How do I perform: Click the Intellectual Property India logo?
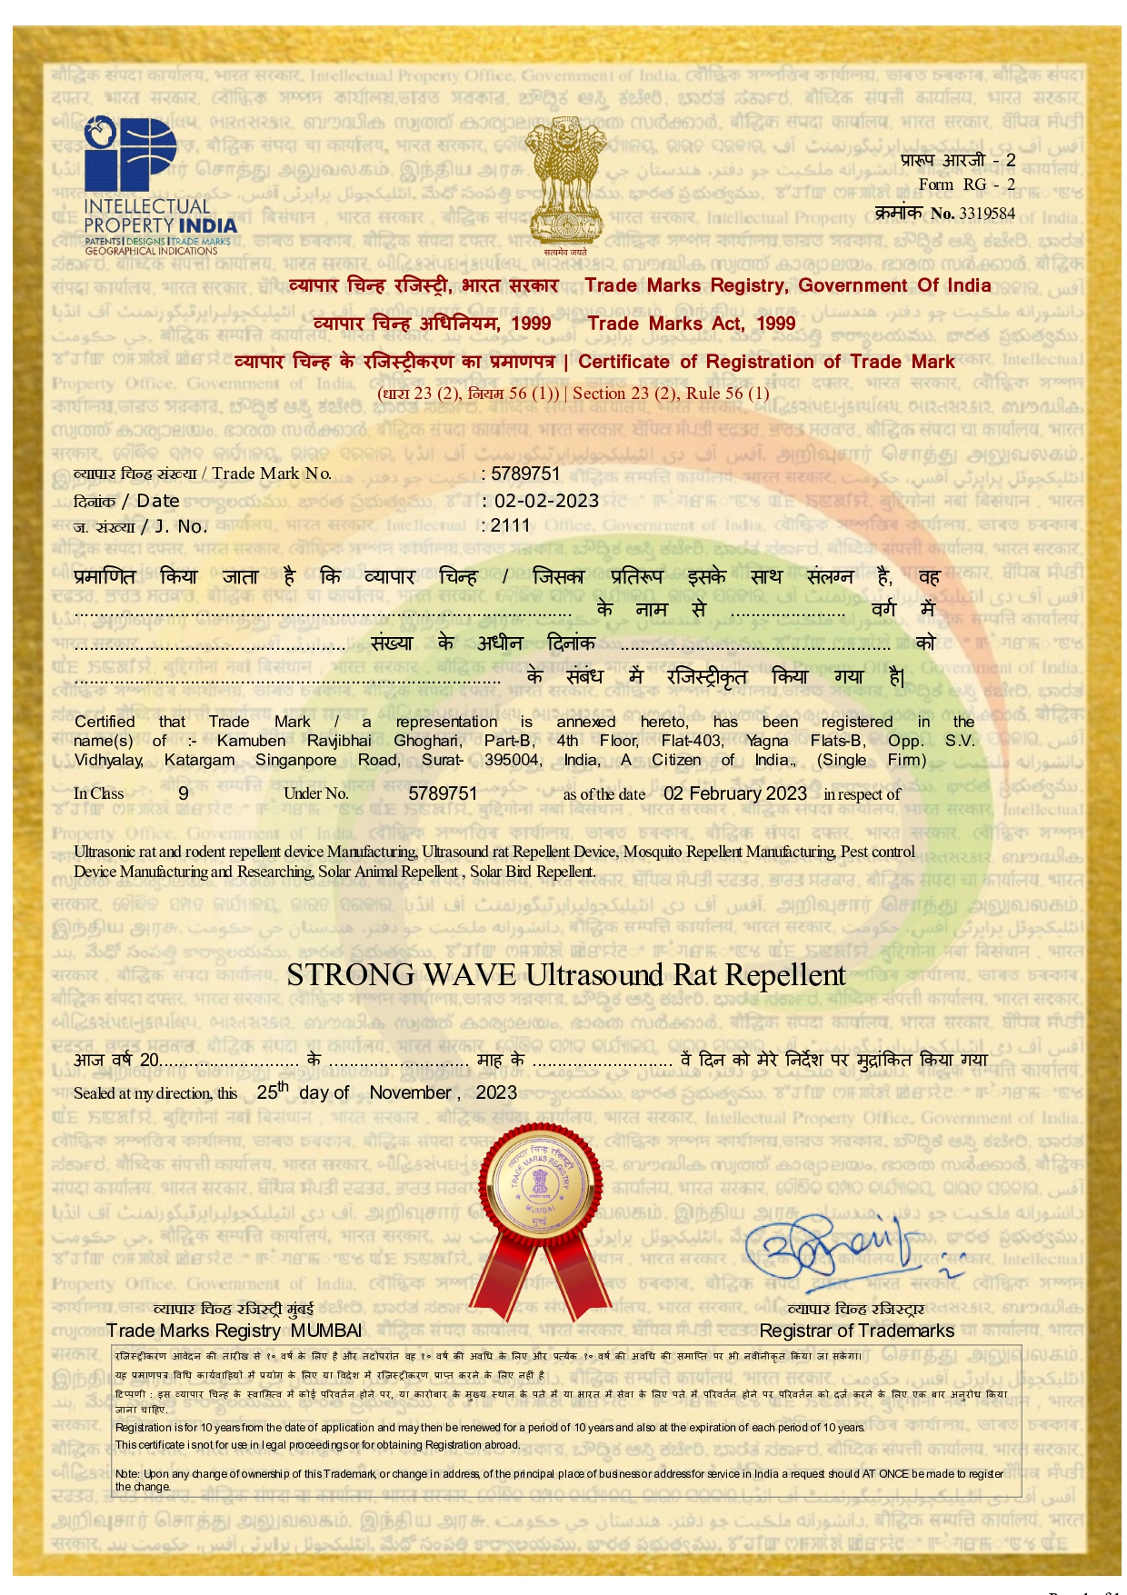pos(158,186)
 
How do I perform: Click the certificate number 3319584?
pos(987,214)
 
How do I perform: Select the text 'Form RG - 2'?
pos(966,184)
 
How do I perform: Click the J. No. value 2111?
pos(511,525)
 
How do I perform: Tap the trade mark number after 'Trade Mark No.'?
pos(525,474)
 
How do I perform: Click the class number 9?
pos(184,793)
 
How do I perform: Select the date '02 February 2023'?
pos(734,793)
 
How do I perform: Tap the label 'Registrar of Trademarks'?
pos(856,1331)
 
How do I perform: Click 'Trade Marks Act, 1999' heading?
pos(691,324)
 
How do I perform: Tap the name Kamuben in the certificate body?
pos(252,741)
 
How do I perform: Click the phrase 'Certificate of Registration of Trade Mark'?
pos(765,362)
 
